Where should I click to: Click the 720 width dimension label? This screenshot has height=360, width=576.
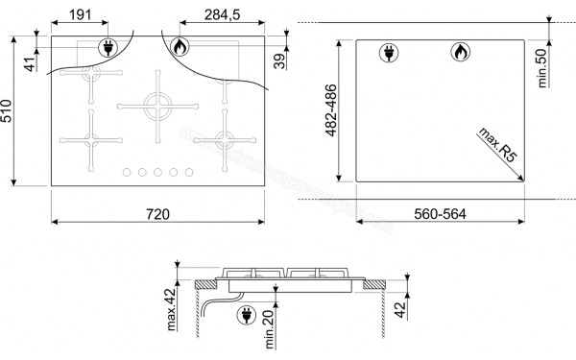click(157, 212)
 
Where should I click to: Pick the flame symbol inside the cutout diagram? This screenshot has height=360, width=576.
click(460, 53)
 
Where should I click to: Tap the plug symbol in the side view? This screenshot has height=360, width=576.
click(245, 311)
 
